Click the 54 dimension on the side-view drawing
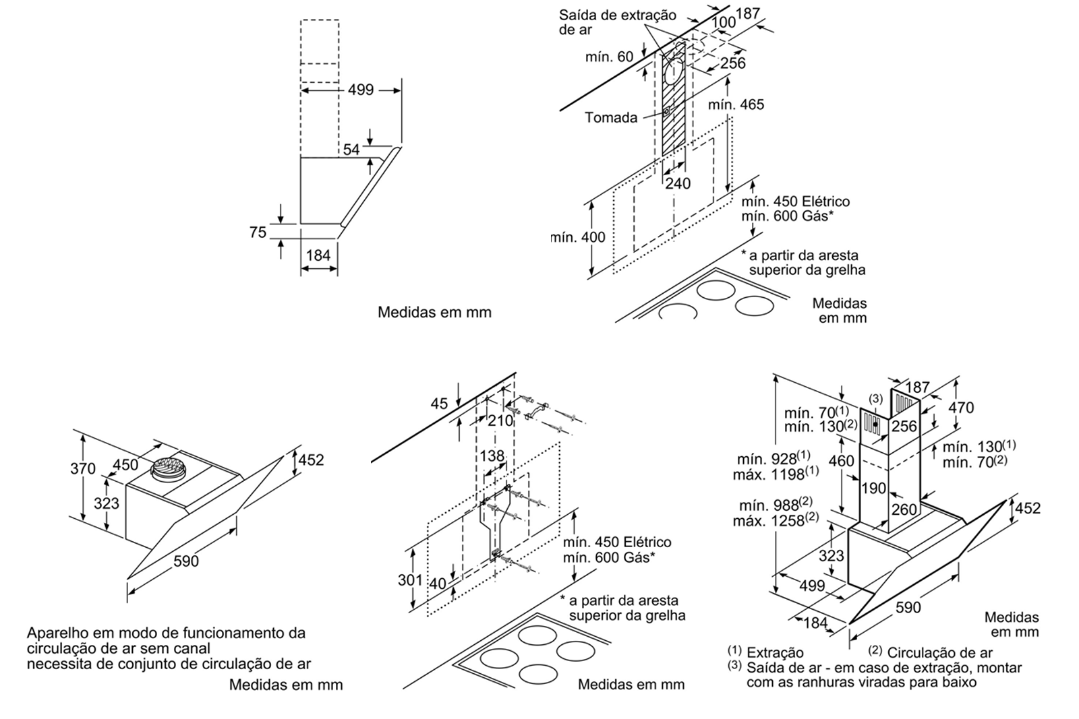(351, 150)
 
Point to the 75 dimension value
(258, 232)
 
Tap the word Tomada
(611, 118)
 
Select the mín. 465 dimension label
(736, 104)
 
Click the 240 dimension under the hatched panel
(678, 183)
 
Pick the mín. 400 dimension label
(578, 237)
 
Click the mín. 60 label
(609, 57)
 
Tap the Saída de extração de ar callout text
(617, 22)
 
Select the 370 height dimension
(83, 468)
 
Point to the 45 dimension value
(438, 404)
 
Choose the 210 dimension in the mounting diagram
(500, 421)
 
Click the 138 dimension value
(492, 456)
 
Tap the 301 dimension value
(410, 580)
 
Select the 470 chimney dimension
(961, 408)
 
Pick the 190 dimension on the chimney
(874, 489)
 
